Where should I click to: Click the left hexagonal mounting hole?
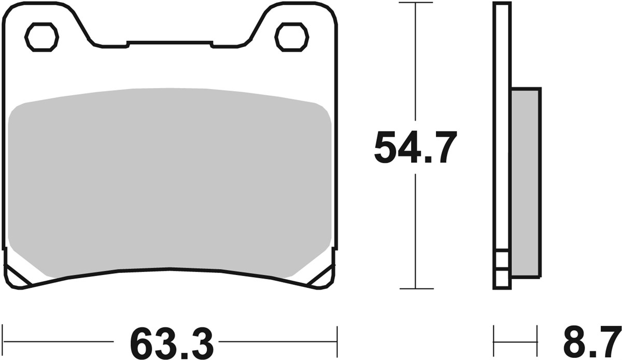tap(42, 37)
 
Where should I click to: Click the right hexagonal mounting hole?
tap(292, 37)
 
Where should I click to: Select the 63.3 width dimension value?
tap(172, 342)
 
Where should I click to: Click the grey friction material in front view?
tap(170, 181)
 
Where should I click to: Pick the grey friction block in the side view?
tap(525, 181)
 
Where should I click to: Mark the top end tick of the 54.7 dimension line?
tap(415, 3)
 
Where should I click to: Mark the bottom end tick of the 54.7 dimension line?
tap(415, 289)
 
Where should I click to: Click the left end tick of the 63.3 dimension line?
tap(4, 341)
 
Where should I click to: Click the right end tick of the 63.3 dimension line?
tap(337, 341)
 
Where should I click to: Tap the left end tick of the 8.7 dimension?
tap(494, 341)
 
